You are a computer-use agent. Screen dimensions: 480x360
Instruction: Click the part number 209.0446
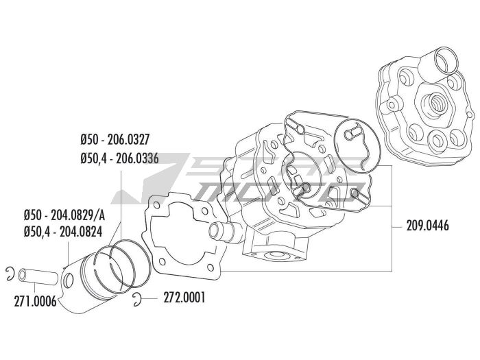pyautogui.click(x=427, y=226)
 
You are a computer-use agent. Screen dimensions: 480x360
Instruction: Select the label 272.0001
pyautogui.click(x=184, y=298)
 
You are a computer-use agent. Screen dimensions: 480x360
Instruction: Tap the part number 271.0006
pyautogui.click(x=35, y=302)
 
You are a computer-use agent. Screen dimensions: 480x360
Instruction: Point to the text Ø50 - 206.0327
pyautogui.click(x=115, y=140)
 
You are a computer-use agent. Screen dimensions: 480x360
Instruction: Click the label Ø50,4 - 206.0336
pyautogui.click(x=120, y=158)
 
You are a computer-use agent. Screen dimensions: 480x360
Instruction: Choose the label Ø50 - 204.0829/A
pyautogui.click(x=64, y=215)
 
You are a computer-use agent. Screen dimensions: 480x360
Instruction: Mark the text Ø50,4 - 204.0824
pyautogui.click(x=63, y=232)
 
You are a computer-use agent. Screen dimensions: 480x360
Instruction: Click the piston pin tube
pyautogui.click(x=38, y=276)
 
